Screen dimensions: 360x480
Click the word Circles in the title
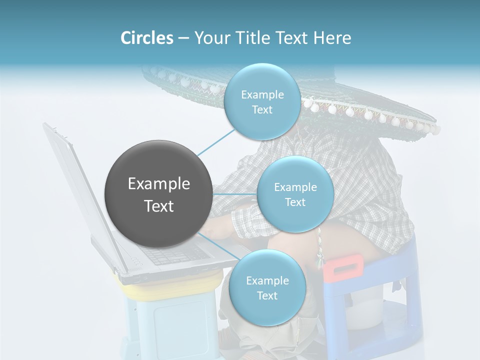click(146, 37)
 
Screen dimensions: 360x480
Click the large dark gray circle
click(158, 194)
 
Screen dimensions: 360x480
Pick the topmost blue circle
click(262, 101)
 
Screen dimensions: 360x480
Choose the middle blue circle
click(295, 194)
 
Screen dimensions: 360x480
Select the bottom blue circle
click(267, 287)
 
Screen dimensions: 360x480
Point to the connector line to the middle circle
click(234, 194)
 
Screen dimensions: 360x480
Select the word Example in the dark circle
click(158, 184)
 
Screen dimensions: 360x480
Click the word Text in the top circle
click(262, 110)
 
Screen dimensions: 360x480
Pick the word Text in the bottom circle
click(267, 296)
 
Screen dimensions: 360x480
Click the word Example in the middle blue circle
click(295, 187)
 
